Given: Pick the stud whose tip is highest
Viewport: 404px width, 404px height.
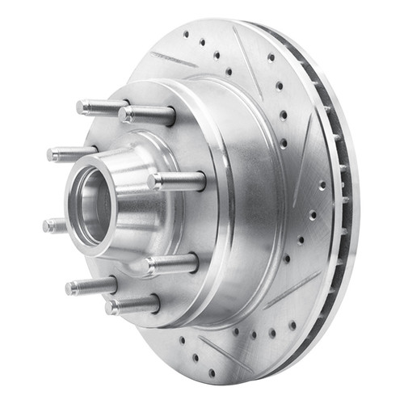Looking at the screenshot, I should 101,107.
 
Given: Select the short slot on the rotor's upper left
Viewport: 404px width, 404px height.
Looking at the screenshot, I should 173,60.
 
